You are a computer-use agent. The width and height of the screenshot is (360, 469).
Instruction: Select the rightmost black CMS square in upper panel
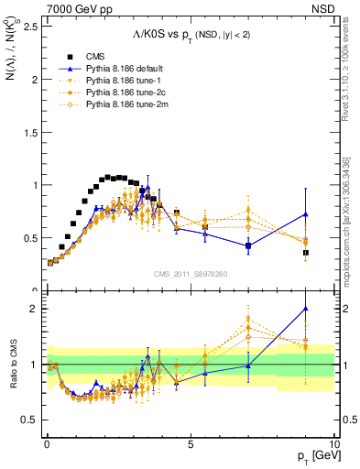coord(306,253)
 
